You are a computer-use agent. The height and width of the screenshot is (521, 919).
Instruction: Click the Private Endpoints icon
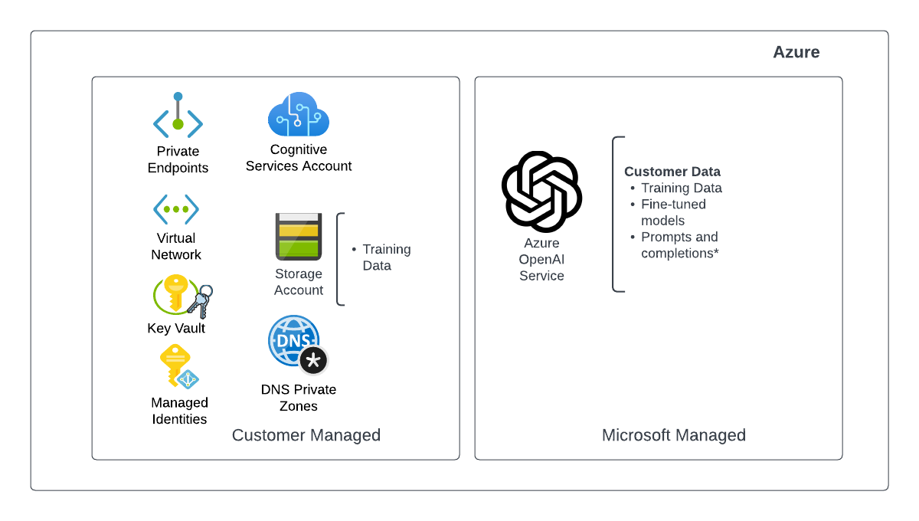[178, 116]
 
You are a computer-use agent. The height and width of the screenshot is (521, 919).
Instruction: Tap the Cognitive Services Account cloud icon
[299, 115]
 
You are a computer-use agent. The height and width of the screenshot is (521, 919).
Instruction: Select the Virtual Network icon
[176, 208]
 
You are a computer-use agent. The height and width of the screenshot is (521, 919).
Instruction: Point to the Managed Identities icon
[178, 367]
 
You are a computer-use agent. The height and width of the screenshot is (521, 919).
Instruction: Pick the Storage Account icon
[299, 237]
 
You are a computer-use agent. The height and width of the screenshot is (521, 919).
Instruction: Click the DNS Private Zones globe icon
[293, 340]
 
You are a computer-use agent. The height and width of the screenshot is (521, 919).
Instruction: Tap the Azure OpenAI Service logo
[541, 192]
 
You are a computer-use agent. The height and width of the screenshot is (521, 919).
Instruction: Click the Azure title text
[796, 52]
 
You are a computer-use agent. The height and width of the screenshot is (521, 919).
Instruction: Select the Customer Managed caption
[306, 435]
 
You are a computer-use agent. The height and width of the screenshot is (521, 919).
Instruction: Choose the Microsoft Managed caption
[674, 435]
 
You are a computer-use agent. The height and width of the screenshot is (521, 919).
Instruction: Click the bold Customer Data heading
[672, 172]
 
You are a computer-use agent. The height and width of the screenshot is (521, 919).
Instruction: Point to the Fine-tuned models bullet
[674, 212]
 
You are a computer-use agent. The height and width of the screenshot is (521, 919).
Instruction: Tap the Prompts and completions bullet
[680, 245]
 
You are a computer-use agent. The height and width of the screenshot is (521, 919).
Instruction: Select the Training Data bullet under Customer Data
[682, 188]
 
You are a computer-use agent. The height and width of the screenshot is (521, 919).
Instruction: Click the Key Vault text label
[176, 329]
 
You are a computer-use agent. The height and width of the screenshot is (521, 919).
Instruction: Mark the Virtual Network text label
[176, 247]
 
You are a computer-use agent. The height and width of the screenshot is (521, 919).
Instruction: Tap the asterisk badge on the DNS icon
[313, 359]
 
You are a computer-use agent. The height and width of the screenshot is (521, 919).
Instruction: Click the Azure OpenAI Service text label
[541, 260]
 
